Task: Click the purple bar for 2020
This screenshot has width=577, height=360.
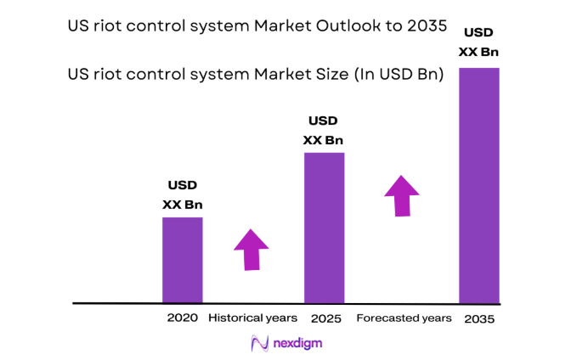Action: [x=183, y=260]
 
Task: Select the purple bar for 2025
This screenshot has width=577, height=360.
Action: [x=324, y=228]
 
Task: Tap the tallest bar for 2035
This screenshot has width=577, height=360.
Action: [x=479, y=185]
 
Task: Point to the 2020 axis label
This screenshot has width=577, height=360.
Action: [x=183, y=318]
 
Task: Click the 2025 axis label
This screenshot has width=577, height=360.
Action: [x=325, y=318]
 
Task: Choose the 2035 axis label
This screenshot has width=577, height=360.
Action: [x=479, y=319]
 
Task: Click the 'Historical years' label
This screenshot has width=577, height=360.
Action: [x=253, y=318]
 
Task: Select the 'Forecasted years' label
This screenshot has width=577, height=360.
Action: [x=404, y=318]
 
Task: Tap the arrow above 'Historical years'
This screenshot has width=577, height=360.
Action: [x=252, y=249]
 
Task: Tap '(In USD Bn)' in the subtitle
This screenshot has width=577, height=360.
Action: [x=396, y=75]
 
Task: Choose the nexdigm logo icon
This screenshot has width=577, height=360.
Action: [x=259, y=343]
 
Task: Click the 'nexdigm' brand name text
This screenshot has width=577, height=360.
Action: [x=297, y=343]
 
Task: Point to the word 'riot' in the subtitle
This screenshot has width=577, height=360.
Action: [x=110, y=75]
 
